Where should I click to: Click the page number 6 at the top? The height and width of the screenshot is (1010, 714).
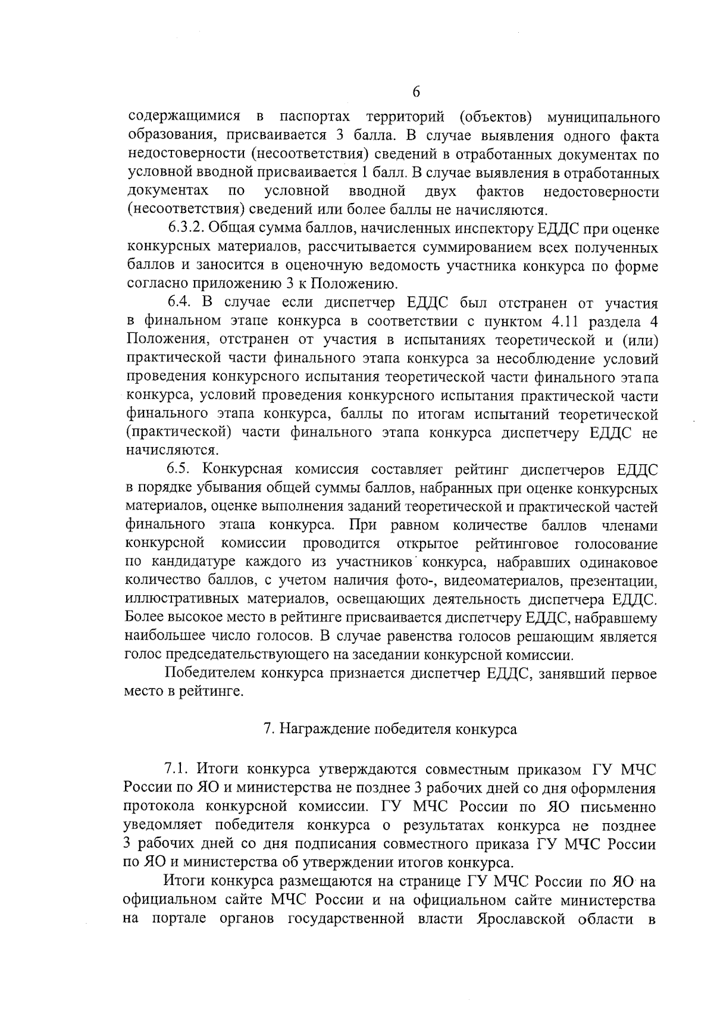(x=416, y=92)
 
